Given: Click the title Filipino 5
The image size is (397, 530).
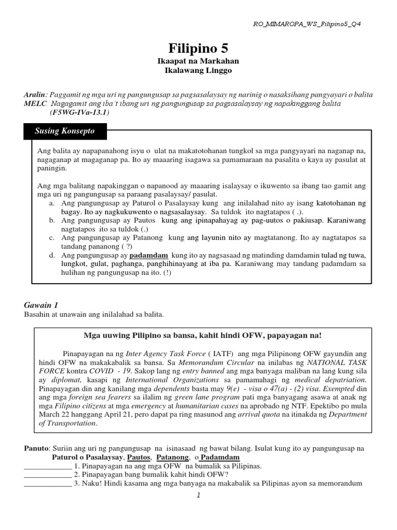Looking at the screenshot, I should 198,48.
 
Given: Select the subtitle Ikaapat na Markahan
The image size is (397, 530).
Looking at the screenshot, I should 198,61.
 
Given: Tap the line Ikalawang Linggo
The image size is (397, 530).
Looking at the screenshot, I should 198,70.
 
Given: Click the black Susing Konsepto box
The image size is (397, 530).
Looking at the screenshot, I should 65,131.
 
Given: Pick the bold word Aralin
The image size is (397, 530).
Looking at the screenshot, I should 35,95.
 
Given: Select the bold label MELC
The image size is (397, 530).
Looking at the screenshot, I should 35,104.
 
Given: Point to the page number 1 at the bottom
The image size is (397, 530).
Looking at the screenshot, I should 198,495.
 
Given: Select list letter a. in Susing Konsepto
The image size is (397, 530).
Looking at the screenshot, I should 52,204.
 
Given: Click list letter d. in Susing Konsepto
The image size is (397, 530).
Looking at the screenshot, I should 52,256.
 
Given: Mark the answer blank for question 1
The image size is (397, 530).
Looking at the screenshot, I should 48,466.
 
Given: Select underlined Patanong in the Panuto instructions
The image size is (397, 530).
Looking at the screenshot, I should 172,457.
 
